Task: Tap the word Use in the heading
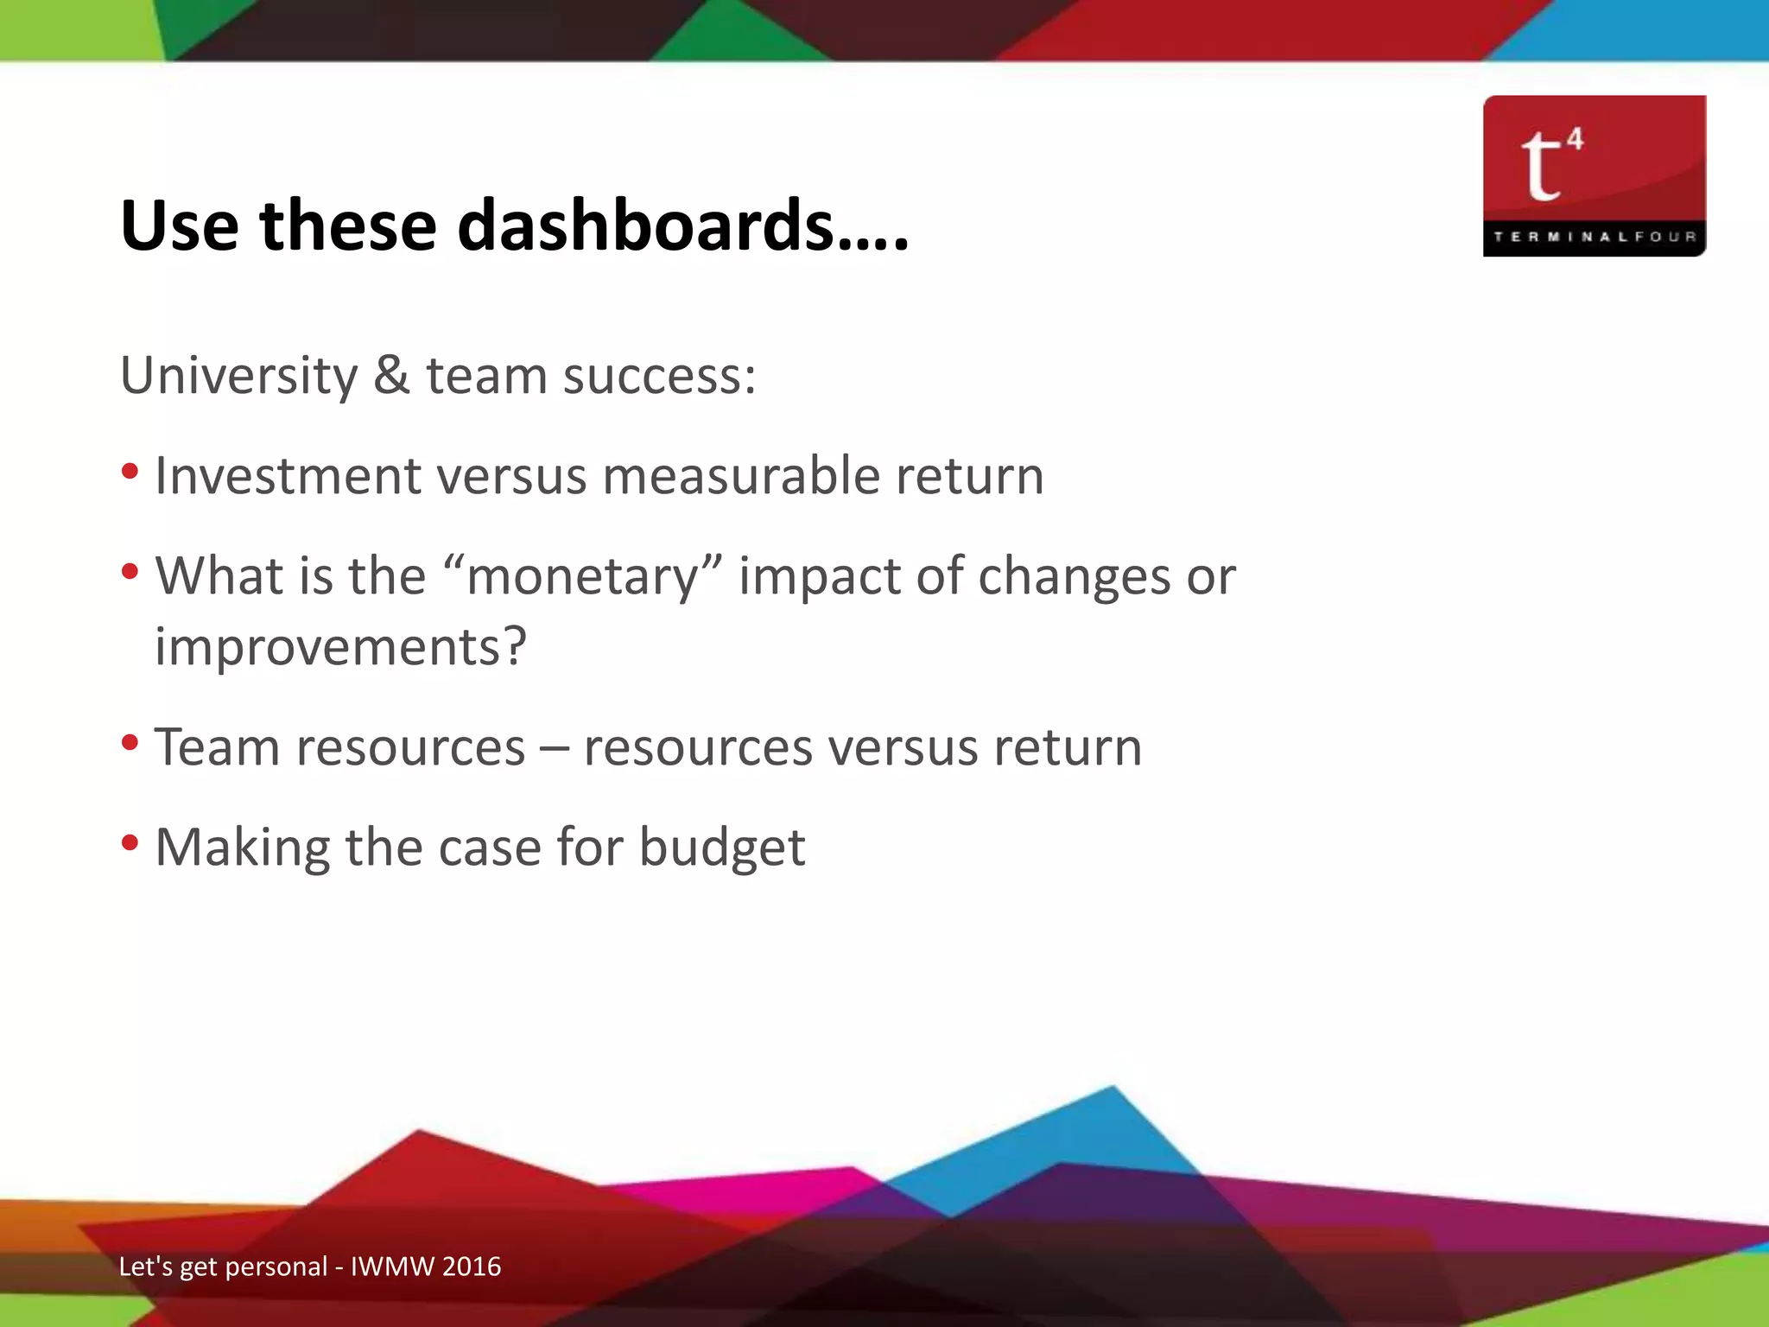[x=180, y=225]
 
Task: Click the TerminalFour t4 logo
[x=1594, y=175]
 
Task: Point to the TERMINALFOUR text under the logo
[x=1594, y=237]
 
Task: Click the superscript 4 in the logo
[x=1575, y=139]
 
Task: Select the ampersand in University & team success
[x=391, y=376]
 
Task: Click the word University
[x=238, y=377]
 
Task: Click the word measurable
[x=740, y=476]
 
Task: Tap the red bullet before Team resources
[x=130, y=743]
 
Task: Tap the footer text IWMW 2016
[x=425, y=1267]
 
